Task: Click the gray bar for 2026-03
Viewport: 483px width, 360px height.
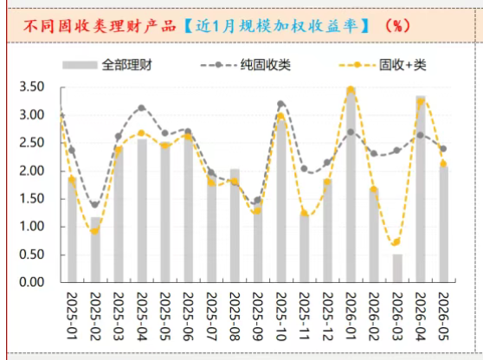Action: point(397,268)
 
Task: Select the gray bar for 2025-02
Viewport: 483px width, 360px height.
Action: point(95,249)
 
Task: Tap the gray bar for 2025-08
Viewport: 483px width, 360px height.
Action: point(235,225)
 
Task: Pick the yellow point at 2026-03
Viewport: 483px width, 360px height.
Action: point(396,242)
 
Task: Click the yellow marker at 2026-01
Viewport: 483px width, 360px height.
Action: point(351,90)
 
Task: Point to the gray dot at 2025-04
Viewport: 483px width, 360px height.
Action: point(142,108)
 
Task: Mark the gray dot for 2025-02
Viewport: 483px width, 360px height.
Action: point(95,204)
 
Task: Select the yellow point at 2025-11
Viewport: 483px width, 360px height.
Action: point(305,213)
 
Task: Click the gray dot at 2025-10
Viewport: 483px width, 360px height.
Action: point(280,104)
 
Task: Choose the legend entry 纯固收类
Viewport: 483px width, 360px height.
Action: point(246,65)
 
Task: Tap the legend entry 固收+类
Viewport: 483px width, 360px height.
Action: point(383,65)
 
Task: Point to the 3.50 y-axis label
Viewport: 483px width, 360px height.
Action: point(32,87)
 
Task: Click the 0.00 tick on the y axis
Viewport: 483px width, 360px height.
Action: point(32,282)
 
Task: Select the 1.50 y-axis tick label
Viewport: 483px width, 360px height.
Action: point(32,199)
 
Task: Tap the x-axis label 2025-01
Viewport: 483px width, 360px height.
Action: point(72,316)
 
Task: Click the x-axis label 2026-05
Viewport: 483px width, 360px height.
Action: point(443,316)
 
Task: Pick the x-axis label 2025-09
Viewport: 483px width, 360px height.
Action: point(258,316)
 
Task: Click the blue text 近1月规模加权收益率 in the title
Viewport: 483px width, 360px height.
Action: point(277,26)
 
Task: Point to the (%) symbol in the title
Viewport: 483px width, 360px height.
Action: point(397,26)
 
